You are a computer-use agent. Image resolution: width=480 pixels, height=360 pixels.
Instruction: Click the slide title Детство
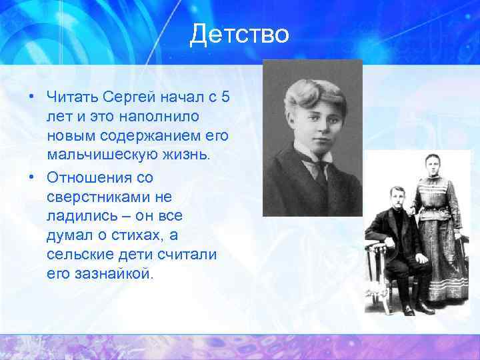(239, 34)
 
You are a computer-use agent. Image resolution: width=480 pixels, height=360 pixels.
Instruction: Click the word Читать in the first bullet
(70, 98)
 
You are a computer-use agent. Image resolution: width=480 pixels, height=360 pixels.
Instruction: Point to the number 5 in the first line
(225, 98)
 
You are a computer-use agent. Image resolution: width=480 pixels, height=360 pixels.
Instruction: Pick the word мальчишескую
(103, 155)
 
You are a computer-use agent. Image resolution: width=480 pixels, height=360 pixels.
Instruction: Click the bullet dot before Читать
(31, 98)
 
